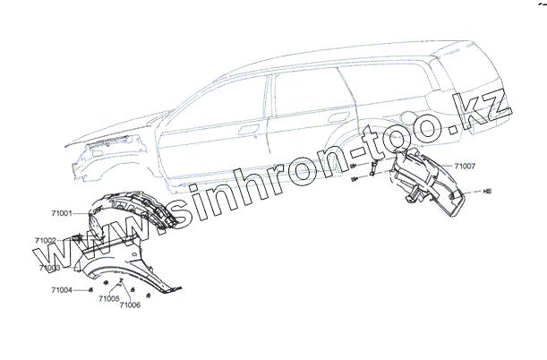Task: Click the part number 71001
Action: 64,212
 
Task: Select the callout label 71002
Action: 47,240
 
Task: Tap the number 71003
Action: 50,267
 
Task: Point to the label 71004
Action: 63,290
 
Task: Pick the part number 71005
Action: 109,298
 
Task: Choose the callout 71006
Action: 130,305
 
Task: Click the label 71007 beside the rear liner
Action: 465,166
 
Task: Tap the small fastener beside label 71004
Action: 92,289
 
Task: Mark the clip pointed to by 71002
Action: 79,237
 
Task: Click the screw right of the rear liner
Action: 487,193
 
